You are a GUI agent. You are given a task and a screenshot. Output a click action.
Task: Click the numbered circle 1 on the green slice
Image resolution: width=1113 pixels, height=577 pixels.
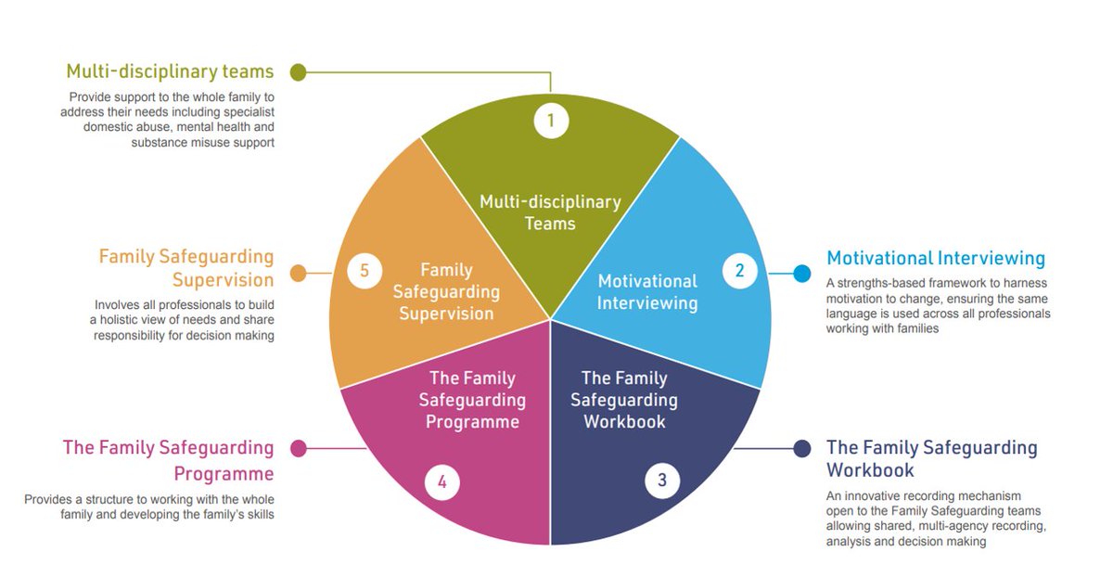tap(551, 121)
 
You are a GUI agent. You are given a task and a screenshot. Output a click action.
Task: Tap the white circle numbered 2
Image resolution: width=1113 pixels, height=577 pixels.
tap(739, 271)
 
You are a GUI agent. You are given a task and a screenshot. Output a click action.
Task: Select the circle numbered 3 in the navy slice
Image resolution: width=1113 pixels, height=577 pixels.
tap(662, 481)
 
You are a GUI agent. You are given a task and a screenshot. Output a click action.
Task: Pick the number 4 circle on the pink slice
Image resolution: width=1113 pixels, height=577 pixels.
tap(442, 482)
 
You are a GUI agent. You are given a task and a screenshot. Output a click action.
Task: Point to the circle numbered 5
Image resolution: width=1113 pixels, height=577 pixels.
tap(365, 271)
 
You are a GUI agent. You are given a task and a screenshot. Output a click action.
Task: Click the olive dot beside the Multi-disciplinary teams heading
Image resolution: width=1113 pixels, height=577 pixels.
tap(298, 71)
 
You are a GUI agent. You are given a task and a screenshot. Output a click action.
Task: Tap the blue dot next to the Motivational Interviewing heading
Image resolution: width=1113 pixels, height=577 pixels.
tap(802, 273)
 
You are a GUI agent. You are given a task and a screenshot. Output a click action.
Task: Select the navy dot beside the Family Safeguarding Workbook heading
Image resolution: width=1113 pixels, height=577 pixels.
tap(802, 449)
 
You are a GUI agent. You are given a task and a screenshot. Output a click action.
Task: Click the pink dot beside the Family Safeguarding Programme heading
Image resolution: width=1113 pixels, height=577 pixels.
tap(298, 449)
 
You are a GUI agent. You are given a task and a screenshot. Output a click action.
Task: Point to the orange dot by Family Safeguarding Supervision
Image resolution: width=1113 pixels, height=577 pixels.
tap(298, 273)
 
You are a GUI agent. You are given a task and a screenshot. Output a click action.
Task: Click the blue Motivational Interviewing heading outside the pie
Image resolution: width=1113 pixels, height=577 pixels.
tap(936, 258)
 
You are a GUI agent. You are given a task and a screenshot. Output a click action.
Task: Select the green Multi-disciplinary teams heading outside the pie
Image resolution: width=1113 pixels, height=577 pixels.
tap(170, 71)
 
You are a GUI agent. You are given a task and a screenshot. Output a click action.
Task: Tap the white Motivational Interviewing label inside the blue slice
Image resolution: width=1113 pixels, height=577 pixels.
tap(647, 291)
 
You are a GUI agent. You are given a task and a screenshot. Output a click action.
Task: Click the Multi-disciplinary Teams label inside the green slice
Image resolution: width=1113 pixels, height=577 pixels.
tap(550, 212)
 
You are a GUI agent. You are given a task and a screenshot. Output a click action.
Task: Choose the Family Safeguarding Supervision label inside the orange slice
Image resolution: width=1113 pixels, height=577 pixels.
tap(447, 291)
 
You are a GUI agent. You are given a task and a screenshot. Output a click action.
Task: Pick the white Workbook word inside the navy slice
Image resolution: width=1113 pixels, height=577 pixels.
tap(624, 422)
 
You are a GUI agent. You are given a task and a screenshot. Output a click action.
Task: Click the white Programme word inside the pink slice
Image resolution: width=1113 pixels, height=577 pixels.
tap(472, 422)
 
